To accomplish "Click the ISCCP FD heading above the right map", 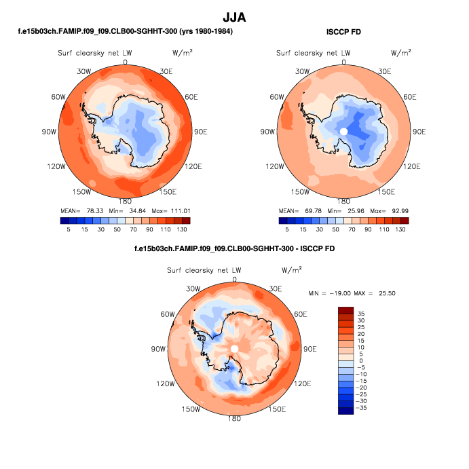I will (x=343, y=32).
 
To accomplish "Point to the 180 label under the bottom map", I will (x=234, y=419).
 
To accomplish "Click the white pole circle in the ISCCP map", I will (x=343, y=131).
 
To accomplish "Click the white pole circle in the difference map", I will (x=234, y=348).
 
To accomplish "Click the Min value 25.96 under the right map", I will (x=354, y=210).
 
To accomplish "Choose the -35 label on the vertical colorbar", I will (x=364, y=408).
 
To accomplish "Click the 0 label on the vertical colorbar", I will (x=360, y=360).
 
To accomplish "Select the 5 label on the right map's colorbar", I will (x=287, y=230).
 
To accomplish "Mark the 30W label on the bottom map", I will (x=193, y=289).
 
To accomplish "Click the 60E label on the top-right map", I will (x=411, y=97).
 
